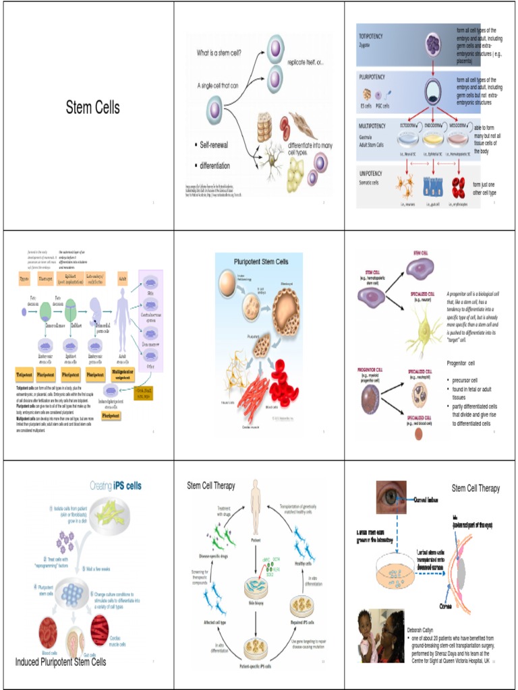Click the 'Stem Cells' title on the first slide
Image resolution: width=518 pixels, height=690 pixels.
[x=92, y=107]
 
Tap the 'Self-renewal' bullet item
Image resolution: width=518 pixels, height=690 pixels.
[x=214, y=145]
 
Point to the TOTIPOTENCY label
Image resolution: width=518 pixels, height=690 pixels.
[x=372, y=36]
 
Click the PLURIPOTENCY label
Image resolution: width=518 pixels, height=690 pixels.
[x=373, y=77]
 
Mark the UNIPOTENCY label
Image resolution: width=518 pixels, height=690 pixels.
[x=372, y=172]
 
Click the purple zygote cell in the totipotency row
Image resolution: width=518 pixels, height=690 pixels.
[x=433, y=45]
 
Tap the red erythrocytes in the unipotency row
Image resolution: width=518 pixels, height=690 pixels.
[x=459, y=187]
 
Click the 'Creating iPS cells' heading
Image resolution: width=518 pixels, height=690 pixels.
[x=115, y=485]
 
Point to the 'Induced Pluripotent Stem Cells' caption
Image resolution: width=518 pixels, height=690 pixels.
[x=61, y=662]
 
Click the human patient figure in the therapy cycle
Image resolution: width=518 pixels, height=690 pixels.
[x=255, y=502]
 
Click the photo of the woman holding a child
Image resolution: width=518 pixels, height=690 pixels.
[x=380, y=635]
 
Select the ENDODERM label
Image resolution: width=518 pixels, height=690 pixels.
[x=434, y=125]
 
